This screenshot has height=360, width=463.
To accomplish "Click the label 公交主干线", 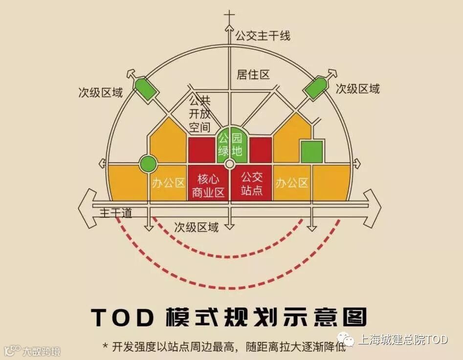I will pos(263,36).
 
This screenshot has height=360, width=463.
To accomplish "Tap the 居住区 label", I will pos(253,74).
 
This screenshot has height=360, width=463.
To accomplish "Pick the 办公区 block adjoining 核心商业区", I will pos(169,183).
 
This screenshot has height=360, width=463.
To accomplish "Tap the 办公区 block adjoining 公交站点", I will pos(292,183).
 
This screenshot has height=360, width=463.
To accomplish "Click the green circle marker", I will pos(147,164).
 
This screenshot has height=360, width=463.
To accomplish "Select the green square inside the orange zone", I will pos(311,151).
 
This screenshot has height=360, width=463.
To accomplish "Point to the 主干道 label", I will pos(116,213).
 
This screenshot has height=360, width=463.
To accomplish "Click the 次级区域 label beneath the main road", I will pos(197,227).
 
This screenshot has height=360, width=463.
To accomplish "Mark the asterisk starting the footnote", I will pos(105,346).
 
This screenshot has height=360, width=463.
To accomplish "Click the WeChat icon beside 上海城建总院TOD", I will pos(348,339).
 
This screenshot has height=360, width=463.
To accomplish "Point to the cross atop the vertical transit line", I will pos(229,17).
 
